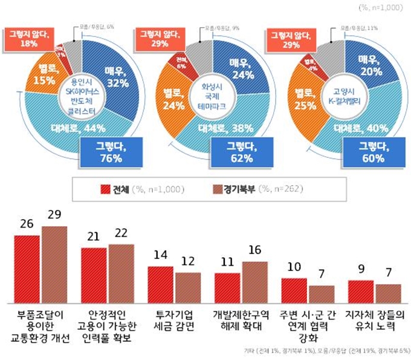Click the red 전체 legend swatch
(x=104, y=188)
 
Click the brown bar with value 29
(x=54, y=264)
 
